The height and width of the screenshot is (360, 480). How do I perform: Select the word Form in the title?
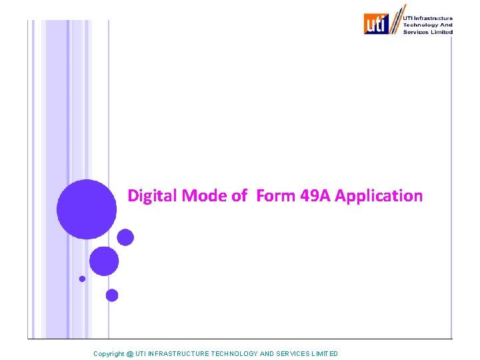(274, 196)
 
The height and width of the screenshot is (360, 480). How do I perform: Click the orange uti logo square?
(376, 24)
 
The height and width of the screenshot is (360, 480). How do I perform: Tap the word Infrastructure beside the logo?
(433, 19)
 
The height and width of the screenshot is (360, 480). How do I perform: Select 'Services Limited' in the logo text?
(427, 32)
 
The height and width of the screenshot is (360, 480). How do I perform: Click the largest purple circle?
(87, 209)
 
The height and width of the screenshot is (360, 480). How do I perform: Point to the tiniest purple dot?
(82, 279)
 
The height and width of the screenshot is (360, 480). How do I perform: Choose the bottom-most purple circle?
(112, 295)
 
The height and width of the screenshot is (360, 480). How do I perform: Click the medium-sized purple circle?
(104, 261)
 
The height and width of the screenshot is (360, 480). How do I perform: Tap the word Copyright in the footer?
(109, 353)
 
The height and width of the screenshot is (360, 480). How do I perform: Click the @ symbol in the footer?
(130, 353)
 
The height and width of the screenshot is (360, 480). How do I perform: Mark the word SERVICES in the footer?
(291, 353)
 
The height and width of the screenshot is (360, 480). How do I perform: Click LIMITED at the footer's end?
(325, 353)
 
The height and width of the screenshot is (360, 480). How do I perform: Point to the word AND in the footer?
(266, 353)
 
